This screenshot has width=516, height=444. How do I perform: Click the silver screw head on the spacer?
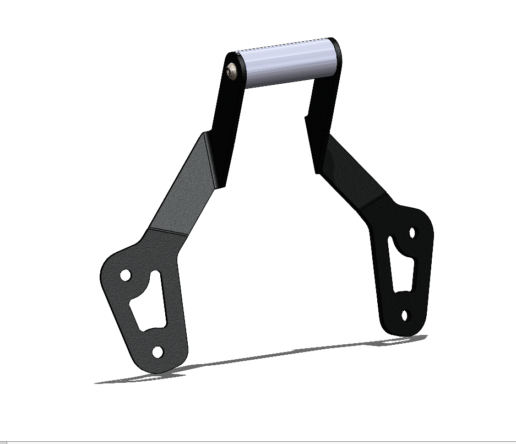[232, 71]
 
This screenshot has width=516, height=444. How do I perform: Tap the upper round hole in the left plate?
[126, 274]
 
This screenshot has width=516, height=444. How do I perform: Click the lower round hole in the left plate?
[157, 351]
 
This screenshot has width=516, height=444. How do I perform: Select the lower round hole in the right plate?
[405, 316]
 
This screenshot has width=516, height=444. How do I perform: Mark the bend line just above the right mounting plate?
[374, 202]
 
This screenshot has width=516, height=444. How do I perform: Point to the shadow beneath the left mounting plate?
[138, 378]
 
